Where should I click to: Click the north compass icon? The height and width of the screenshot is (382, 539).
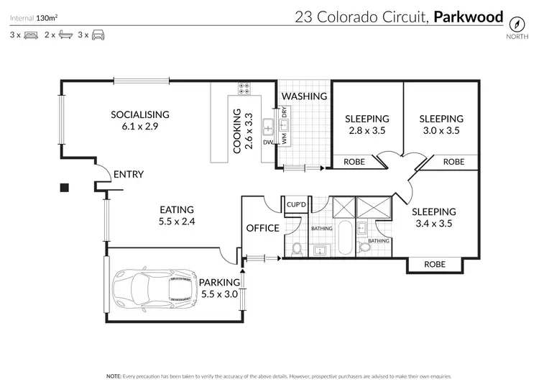(x=515, y=21)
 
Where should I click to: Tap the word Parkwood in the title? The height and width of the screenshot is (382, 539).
(x=469, y=17)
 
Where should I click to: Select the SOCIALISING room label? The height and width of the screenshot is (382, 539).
(x=139, y=114)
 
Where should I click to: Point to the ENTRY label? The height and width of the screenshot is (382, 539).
(x=129, y=174)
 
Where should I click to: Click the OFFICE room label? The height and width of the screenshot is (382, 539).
(x=262, y=227)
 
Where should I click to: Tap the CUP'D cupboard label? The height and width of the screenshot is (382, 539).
(x=297, y=204)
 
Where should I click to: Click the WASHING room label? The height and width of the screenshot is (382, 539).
(x=304, y=96)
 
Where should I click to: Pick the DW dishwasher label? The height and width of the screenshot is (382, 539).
(x=267, y=142)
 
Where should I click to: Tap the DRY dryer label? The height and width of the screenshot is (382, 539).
(x=285, y=112)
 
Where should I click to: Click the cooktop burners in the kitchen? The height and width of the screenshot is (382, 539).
(x=243, y=89)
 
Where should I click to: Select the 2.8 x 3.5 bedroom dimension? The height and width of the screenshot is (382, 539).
(x=367, y=131)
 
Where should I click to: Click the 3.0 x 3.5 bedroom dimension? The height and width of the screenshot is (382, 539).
(x=441, y=131)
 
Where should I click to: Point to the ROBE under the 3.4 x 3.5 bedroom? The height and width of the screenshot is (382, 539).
(x=434, y=264)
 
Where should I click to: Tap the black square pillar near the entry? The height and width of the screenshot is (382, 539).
(x=64, y=188)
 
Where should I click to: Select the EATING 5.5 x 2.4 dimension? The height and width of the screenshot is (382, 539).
(x=178, y=222)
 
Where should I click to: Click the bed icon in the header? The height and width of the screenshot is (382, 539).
(x=30, y=35)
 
